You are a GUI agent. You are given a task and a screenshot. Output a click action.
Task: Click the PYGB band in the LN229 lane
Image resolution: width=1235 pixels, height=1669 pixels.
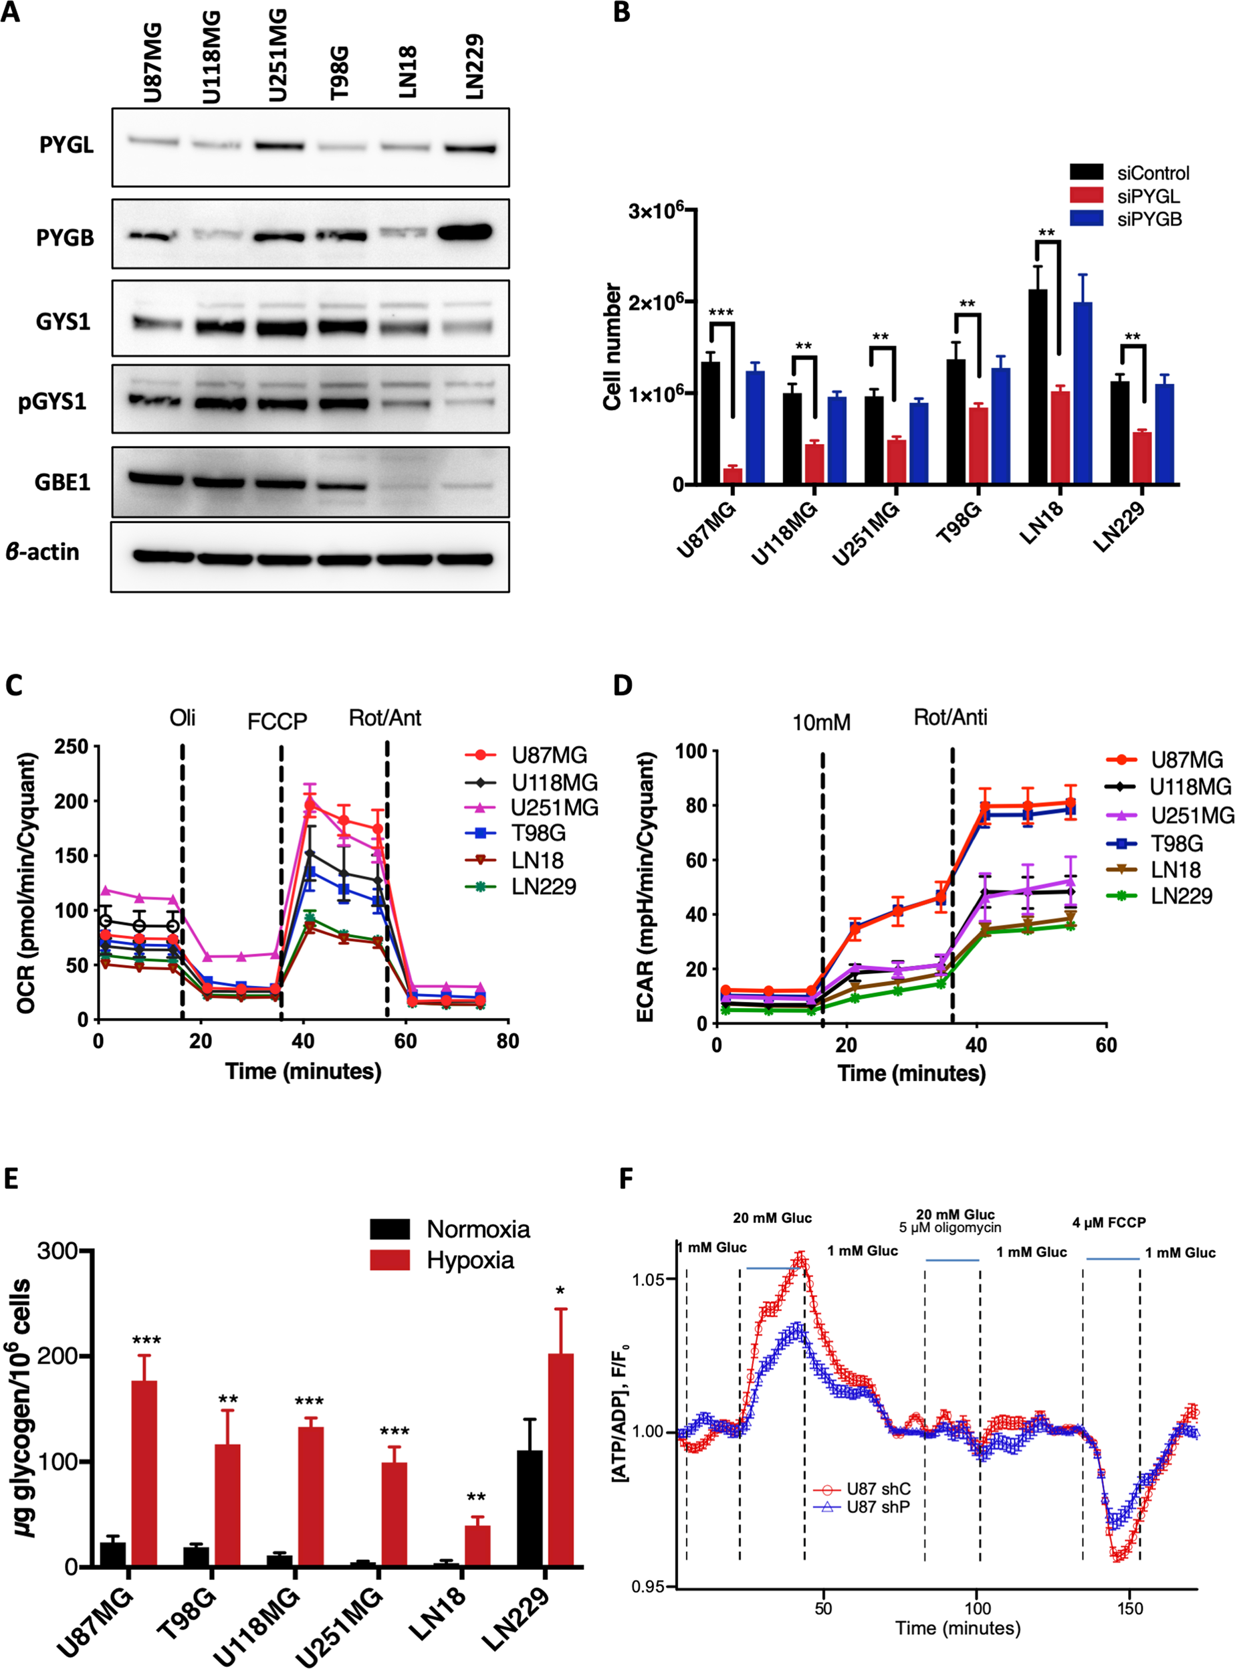464,232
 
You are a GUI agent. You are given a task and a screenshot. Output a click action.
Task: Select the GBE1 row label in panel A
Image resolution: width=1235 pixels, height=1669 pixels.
63,482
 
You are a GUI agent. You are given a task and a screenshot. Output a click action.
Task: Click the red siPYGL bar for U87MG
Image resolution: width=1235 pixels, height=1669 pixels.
733,476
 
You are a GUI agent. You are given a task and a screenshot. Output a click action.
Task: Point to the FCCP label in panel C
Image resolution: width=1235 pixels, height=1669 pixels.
277,722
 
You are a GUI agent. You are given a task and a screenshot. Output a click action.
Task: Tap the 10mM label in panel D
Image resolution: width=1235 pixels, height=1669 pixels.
822,723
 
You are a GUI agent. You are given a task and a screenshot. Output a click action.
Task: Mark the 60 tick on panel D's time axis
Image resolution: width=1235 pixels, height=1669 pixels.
1106,1045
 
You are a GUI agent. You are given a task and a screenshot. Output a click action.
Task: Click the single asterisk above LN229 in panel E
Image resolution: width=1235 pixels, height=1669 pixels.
561,1291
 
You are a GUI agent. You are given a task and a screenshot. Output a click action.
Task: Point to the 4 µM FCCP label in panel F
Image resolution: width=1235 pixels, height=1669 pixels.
1109,1223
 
